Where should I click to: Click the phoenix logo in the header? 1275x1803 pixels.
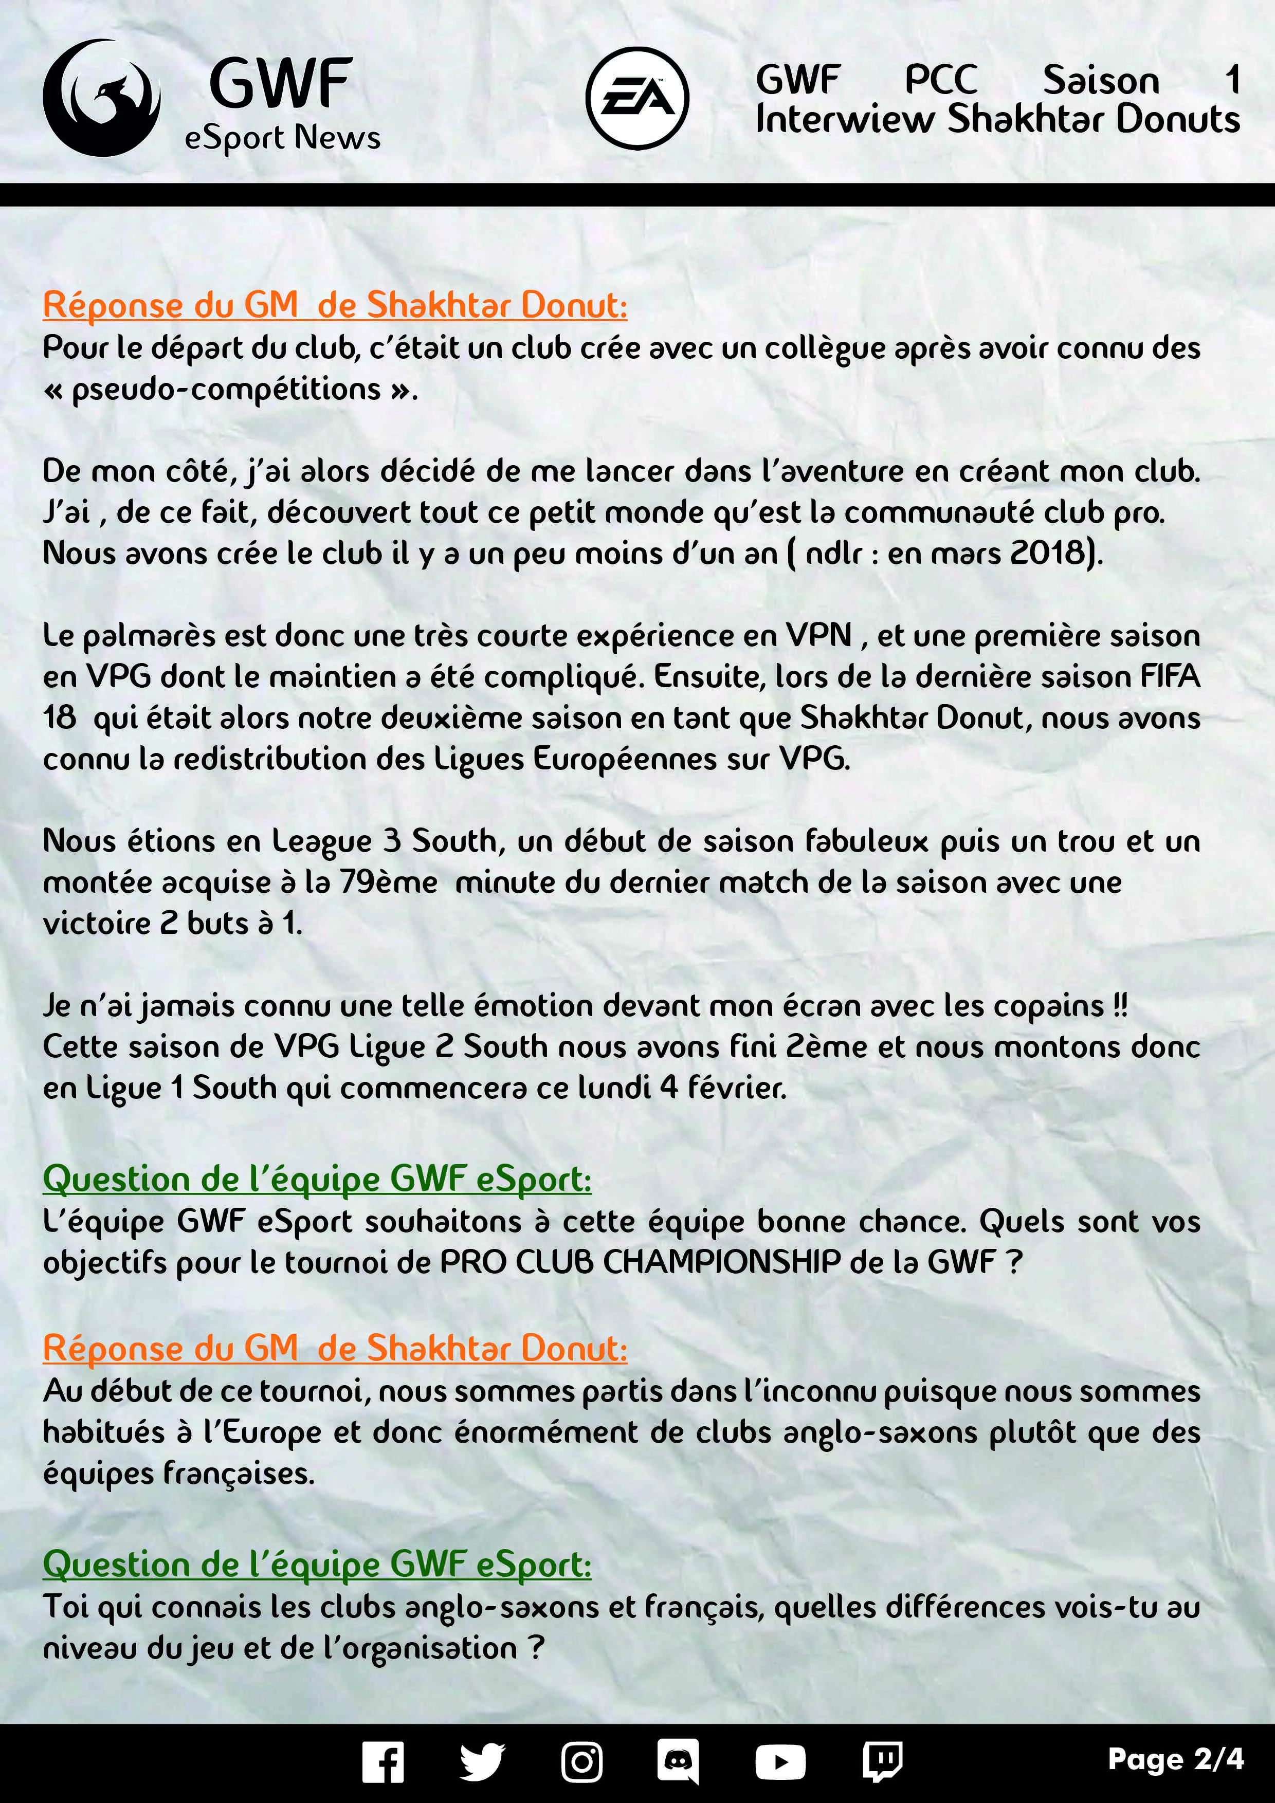pyautogui.click(x=101, y=98)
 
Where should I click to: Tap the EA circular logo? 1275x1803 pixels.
pyautogui.click(x=637, y=98)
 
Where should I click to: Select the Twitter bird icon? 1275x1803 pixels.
pyautogui.click(x=482, y=1761)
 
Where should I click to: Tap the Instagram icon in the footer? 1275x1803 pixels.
pyautogui.click(x=581, y=1761)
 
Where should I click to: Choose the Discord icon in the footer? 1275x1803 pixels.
pyautogui.click(x=678, y=1761)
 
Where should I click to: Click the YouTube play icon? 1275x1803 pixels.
pyautogui.click(x=780, y=1761)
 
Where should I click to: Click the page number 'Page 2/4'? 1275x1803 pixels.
pyautogui.click(x=1175, y=1759)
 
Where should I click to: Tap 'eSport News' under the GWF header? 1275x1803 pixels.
pyautogui.click(x=282, y=138)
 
